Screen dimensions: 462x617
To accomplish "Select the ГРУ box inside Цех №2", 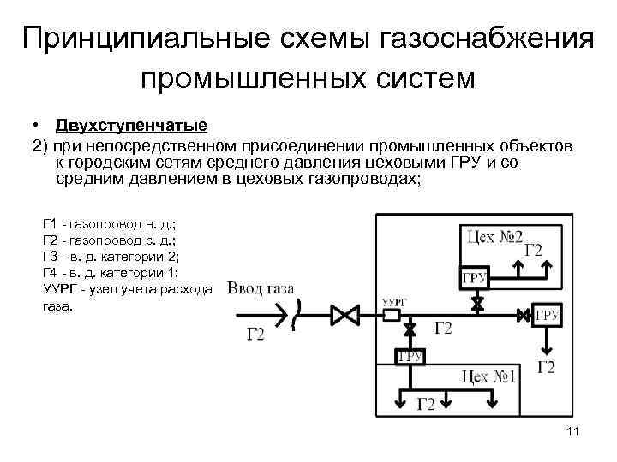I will point(476,278).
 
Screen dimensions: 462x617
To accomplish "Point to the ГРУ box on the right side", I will point(547,316).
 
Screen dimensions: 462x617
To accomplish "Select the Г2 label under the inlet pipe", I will point(256,334).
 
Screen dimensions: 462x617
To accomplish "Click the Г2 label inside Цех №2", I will point(532,250).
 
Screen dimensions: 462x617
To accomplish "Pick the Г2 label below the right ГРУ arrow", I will point(546,368).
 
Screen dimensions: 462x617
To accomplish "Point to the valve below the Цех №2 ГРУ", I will point(476,303).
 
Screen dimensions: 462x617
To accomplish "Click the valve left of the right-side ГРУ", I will point(524,316).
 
